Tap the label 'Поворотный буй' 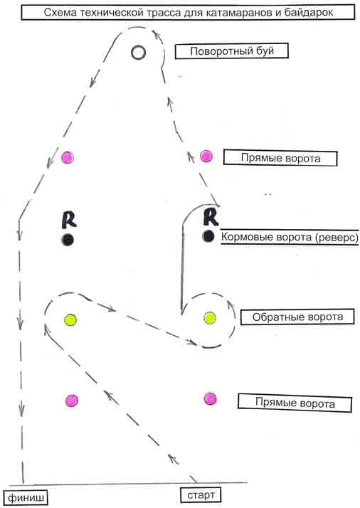tap(232, 51)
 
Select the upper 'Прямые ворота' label tap(280, 158)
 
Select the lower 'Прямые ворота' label tap(295, 403)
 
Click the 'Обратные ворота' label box tap(297, 317)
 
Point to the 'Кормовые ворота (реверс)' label tap(290, 237)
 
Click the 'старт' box tap(201, 494)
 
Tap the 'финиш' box tap(26, 497)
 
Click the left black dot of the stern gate tap(68, 240)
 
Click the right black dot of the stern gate tap(208, 236)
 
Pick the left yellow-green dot tap(70, 319)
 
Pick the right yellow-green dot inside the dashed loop tap(210, 318)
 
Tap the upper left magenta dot tap(68, 157)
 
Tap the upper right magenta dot tap(206, 156)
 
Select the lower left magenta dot tap(71, 401)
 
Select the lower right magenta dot tap(210, 399)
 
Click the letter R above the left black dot tap(69, 220)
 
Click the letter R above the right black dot tap(211, 217)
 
